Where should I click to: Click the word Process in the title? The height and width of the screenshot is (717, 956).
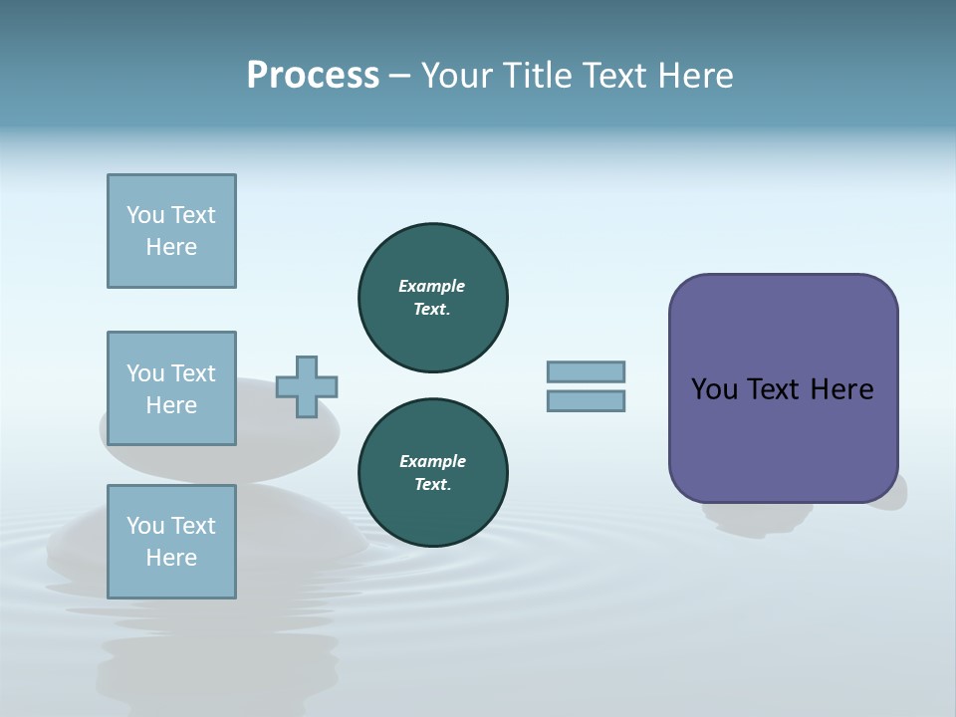point(313,75)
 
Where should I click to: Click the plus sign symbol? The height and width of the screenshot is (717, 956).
point(306,386)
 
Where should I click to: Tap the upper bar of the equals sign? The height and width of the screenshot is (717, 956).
point(586,371)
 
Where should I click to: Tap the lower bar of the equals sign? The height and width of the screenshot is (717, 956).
point(586,400)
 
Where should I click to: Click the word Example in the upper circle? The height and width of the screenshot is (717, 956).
point(431,286)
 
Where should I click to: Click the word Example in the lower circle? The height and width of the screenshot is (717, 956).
point(432,461)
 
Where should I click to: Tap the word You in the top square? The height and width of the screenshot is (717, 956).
point(145,215)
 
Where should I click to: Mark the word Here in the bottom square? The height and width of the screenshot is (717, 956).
point(171,558)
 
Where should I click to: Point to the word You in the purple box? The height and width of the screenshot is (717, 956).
point(713,388)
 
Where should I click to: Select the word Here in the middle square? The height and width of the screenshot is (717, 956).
point(171,404)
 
